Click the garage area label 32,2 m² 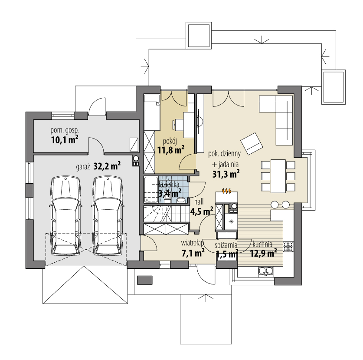point(107,165)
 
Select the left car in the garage point(65,215)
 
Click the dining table point(278,175)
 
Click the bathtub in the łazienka point(151,189)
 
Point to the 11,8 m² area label point(170,150)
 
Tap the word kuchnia point(262,244)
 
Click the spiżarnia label point(226,244)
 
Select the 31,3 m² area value point(226,174)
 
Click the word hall point(199,201)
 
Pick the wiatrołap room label point(193,243)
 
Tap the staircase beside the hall point(165,214)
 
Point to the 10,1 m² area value point(64,139)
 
